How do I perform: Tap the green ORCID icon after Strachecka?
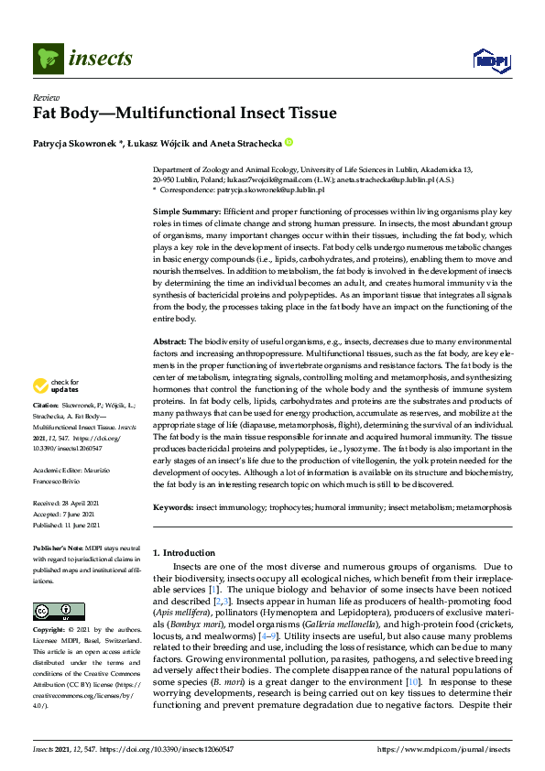(x=289, y=143)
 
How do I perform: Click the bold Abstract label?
(x=170, y=341)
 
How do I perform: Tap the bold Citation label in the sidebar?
(x=46, y=429)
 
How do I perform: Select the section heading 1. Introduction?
(x=184, y=553)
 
